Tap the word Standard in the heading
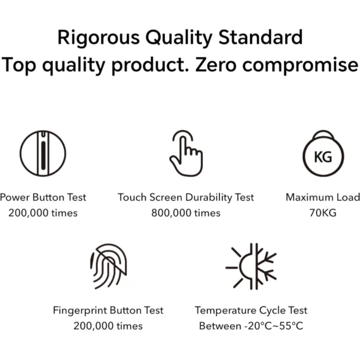[x=260, y=37]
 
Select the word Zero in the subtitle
[x=215, y=65]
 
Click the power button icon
[x=43, y=153]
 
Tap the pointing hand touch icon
[x=186, y=153]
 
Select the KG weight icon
[x=323, y=153]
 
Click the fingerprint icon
[x=109, y=266]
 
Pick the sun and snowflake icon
[x=251, y=266]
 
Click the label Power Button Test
[x=43, y=197]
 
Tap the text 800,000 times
[x=186, y=213]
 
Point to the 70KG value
[x=323, y=213]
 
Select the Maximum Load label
[x=323, y=197]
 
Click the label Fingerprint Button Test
[x=108, y=310]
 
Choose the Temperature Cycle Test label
[x=251, y=310]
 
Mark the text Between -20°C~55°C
[x=251, y=326]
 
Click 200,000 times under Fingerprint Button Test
[x=108, y=326]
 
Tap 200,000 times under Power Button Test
[x=43, y=213]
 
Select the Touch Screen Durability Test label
[x=186, y=197]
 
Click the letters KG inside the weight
[x=323, y=157]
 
